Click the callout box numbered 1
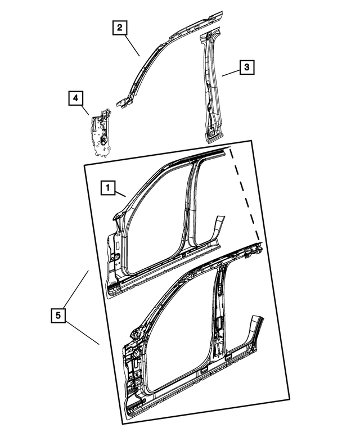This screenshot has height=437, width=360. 109,188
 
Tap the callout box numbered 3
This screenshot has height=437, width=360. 246,67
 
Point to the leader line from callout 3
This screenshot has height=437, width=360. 230,73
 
